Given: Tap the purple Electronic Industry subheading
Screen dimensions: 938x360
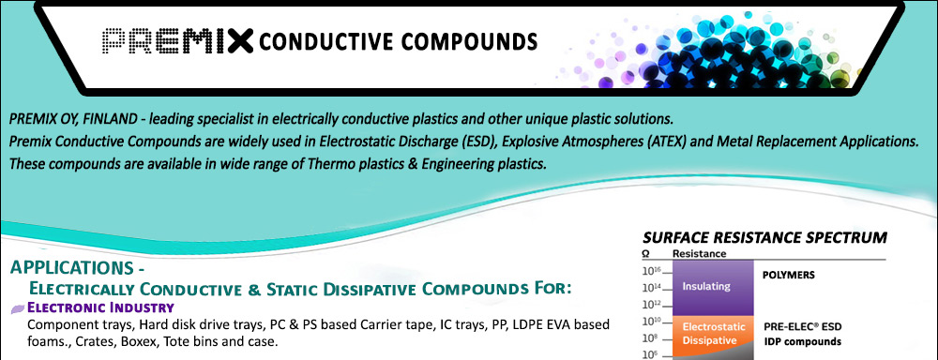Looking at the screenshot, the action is tap(101, 308).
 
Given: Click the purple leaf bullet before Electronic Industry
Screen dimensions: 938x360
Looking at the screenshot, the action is tap(19, 308).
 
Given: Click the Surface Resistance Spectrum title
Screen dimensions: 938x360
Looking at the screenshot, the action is tap(765, 237).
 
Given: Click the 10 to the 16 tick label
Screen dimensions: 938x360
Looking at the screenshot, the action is tap(651, 271).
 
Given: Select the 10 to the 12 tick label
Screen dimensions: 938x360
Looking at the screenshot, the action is tap(651, 303).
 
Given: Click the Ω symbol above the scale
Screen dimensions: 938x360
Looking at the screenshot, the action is tap(646, 253).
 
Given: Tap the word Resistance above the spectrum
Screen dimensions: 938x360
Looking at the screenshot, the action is tap(700, 253).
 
